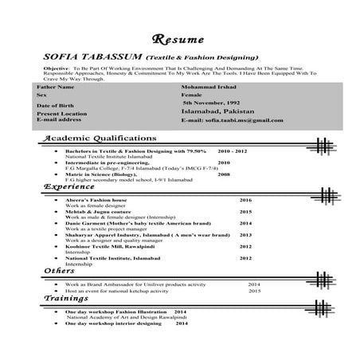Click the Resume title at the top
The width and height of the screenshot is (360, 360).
coord(178,39)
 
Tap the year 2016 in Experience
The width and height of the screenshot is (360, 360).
coord(245,199)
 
